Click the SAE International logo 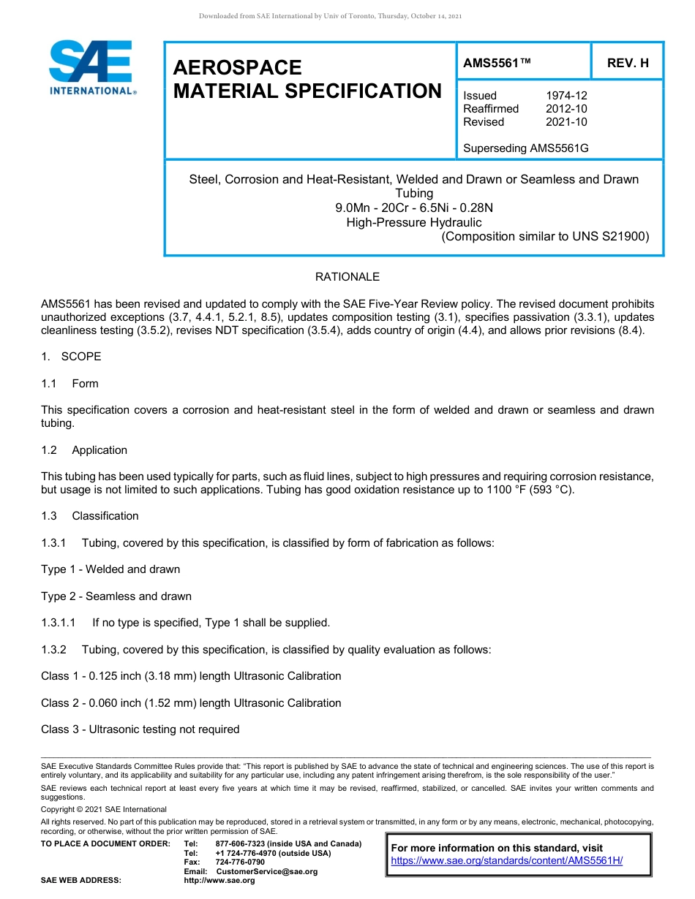click(x=91, y=67)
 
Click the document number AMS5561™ click(x=497, y=64)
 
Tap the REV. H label click(x=628, y=64)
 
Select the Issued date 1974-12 click(x=566, y=96)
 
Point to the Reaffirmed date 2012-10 click(x=566, y=109)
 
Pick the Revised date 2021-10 click(x=566, y=122)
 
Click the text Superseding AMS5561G click(x=526, y=148)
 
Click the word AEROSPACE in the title click(x=237, y=68)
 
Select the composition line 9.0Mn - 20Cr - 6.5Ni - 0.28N click(x=414, y=208)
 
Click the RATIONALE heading click(x=347, y=277)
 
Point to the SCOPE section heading click(x=81, y=357)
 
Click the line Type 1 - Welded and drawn click(x=110, y=569)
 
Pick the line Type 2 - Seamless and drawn click(x=116, y=596)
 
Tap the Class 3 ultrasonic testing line click(x=140, y=729)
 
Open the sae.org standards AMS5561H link click(x=507, y=860)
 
